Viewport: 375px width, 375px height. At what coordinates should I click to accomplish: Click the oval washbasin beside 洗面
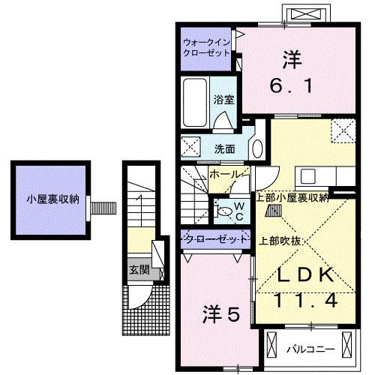pyautogui.click(x=256, y=146)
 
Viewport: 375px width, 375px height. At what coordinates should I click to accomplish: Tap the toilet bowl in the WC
pyautogui.click(x=225, y=211)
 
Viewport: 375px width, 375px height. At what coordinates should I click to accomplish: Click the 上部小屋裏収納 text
pyautogui.click(x=292, y=198)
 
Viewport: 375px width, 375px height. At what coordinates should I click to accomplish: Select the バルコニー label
pyautogui.click(x=309, y=349)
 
